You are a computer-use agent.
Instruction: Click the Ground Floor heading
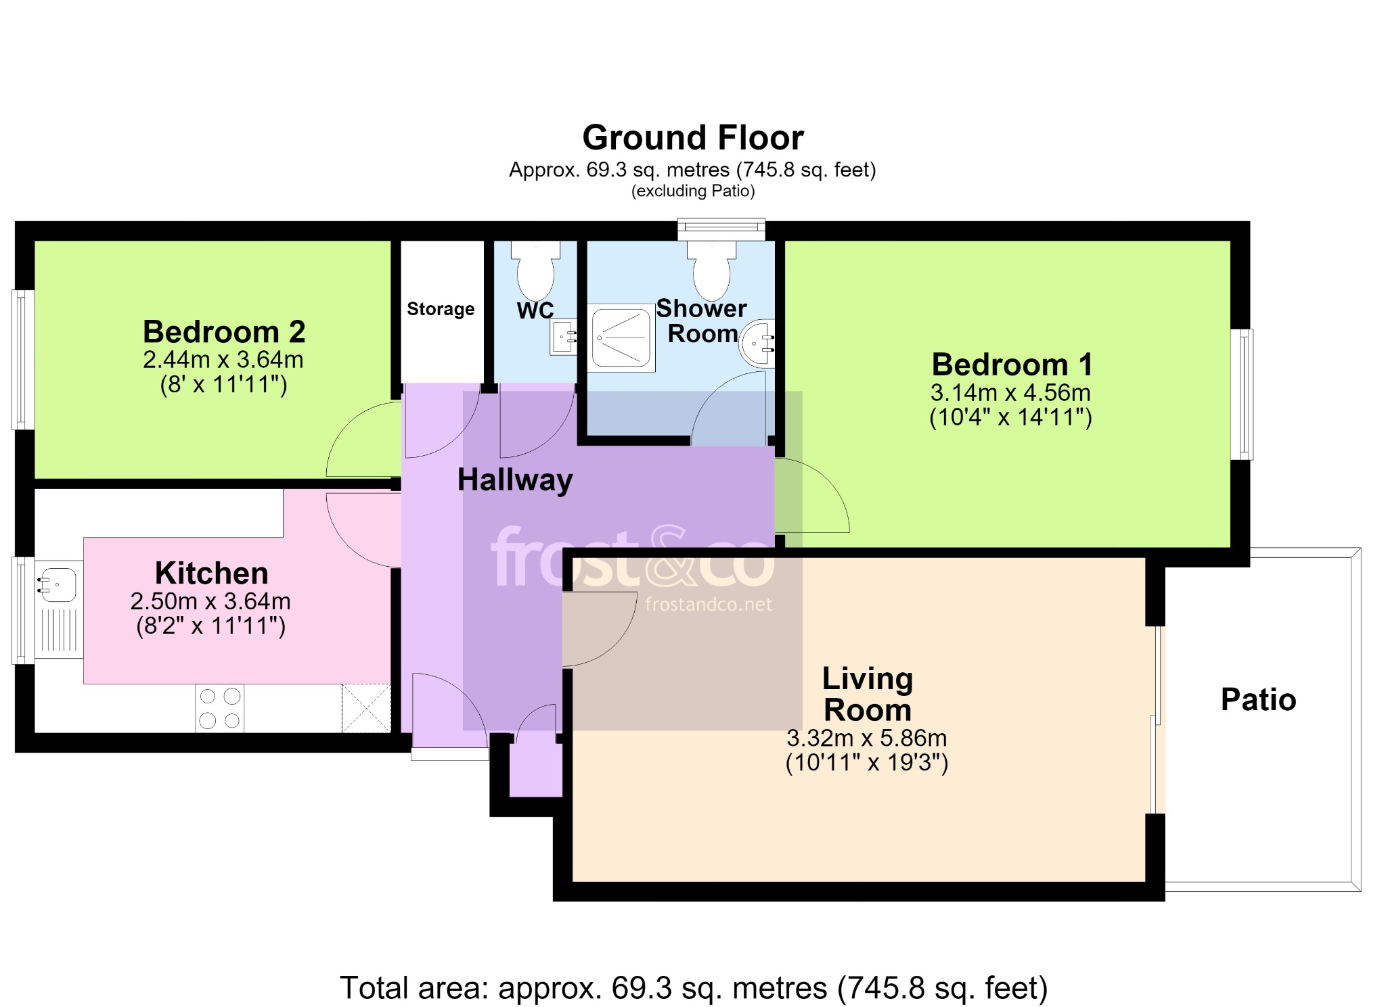[693, 138]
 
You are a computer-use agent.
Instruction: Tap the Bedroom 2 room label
[224, 332]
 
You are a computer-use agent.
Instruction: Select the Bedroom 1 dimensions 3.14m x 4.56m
[1010, 392]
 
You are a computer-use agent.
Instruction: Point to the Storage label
[441, 309]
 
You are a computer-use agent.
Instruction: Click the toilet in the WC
[535, 271]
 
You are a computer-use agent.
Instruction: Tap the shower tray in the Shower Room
[621, 337]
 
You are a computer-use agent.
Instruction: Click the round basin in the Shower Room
[757, 343]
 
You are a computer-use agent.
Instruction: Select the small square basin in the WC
[563, 336]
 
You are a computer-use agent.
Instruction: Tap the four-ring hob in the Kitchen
[220, 708]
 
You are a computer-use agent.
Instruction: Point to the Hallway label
[515, 480]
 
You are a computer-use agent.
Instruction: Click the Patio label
[1258, 699]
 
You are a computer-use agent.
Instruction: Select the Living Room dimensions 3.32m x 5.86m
[866, 738]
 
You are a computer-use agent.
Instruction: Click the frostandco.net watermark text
[709, 605]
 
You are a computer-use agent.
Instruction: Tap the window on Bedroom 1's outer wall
[1241, 394]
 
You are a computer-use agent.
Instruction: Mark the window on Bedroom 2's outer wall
[23, 360]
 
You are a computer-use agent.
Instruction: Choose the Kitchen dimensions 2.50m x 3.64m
[210, 601]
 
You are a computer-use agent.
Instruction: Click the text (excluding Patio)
[693, 191]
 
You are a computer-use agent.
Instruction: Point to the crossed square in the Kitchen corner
[366, 708]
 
